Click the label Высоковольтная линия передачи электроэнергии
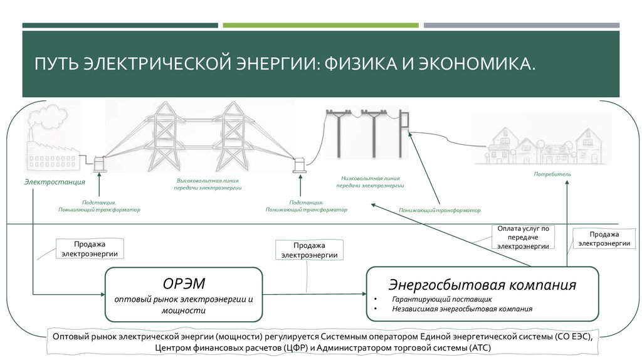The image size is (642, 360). [209, 184]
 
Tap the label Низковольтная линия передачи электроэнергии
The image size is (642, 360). [370, 182]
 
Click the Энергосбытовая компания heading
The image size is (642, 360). [482, 285]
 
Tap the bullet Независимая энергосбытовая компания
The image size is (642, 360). [463, 309]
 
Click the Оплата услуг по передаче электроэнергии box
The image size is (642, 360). [523, 238]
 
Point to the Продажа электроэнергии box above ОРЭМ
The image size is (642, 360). [90, 248]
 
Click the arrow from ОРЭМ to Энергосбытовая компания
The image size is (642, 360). [313, 293]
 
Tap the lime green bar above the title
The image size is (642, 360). [320, 25]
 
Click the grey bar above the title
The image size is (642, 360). [521, 25]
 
